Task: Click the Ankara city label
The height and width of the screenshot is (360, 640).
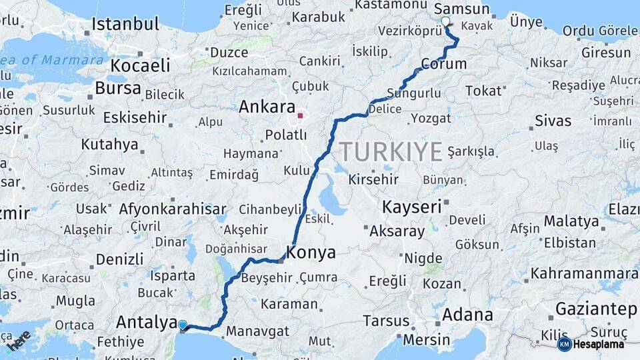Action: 267,107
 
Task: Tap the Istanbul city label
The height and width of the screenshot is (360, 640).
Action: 125,25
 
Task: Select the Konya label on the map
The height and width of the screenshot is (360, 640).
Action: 311,253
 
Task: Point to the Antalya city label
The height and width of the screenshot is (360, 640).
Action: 147,322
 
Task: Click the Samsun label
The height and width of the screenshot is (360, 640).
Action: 461,9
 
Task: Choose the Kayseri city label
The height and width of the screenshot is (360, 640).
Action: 411,207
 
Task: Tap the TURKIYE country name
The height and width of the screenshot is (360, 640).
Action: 391,152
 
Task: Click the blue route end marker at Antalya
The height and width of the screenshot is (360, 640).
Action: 183,325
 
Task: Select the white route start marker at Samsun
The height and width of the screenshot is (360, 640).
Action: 445,21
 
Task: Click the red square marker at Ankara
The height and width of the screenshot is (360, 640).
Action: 300,115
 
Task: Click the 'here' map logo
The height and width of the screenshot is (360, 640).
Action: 18,340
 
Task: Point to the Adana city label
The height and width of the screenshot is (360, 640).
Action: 468,315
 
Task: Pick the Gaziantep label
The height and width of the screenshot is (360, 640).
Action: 595,309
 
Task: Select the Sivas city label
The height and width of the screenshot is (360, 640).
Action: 553,121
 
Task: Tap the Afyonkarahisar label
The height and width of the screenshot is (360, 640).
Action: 173,209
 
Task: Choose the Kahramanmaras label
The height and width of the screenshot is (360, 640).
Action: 584,273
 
